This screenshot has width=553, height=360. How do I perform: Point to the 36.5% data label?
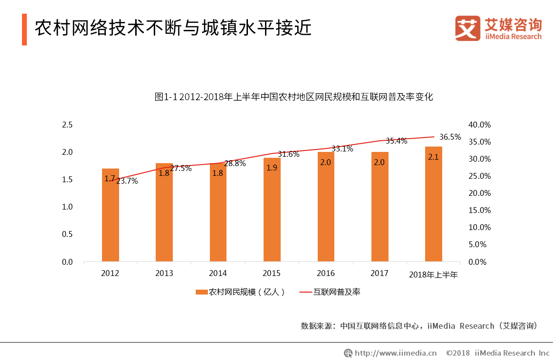pyautogui.click(x=450, y=137)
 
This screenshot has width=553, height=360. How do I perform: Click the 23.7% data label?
pyautogui.click(x=127, y=181)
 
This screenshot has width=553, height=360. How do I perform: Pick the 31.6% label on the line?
pyautogui.click(x=288, y=154)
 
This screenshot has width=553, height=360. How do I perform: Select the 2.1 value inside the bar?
pyautogui.click(x=433, y=157)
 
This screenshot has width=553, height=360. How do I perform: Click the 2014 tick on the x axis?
pyautogui.click(x=218, y=274)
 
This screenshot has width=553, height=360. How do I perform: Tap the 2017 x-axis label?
pyautogui.click(x=380, y=274)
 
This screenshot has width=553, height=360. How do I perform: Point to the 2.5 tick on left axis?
pyautogui.click(x=67, y=125)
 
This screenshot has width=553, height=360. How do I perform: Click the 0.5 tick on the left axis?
pyautogui.click(x=67, y=234)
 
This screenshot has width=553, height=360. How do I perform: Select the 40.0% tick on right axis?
pyautogui.click(x=479, y=125)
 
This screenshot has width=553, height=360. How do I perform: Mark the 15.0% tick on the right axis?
pyautogui.click(x=479, y=211)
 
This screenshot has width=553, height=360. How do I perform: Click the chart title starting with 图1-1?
pyautogui.click(x=294, y=97)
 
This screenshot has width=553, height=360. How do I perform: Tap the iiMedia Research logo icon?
pyautogui.click(x=468, y=28)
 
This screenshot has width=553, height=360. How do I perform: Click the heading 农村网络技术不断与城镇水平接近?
pyautogui.click(x=173, y=28)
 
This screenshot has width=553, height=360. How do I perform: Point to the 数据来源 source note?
pyautogui.click(x=419, y=326)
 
